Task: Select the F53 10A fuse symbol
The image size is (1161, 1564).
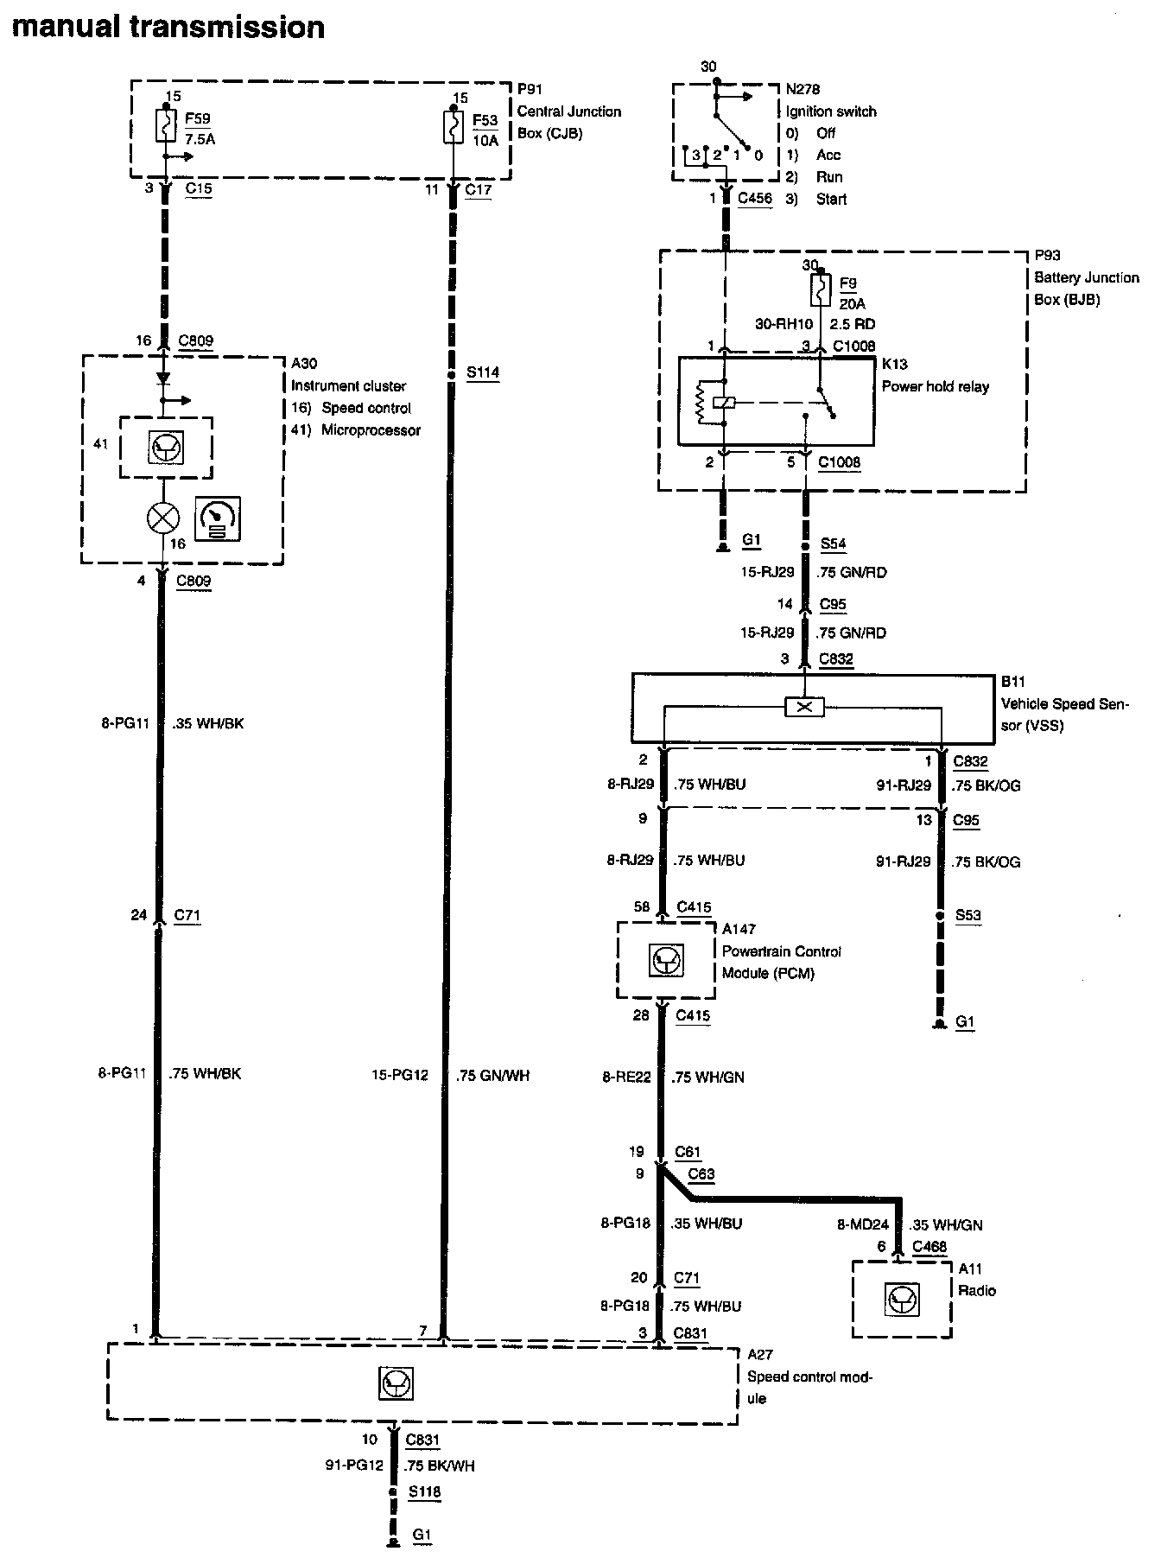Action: pyautogui.click(x=451, y=127)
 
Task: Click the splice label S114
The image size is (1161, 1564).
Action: pyautogui.click(x=482, y=373)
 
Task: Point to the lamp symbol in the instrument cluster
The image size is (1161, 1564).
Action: pyautogui.click(x=163, y=518)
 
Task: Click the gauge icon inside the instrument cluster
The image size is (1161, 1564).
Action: pyautogui.click(x=218, y=518)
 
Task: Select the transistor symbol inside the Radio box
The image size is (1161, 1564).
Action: pyautogui.click(x=903, y=1299)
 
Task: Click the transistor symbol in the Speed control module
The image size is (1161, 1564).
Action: pyautogui.click(x=396, y=1383)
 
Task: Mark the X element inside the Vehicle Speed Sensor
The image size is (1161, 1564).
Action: pyautogui.click(x=804, y=708)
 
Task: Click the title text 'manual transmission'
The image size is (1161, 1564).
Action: pyautogui.click(x=168, y=27)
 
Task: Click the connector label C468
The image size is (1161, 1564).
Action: pyautogui.click(x=929, y=1247)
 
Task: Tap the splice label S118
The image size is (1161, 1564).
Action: pyautogui.click(x=424, y=1491)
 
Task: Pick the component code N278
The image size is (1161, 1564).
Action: pyautogui.click(x=803, y=89)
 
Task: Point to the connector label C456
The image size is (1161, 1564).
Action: pyautogui.click(x=754, y=199)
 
